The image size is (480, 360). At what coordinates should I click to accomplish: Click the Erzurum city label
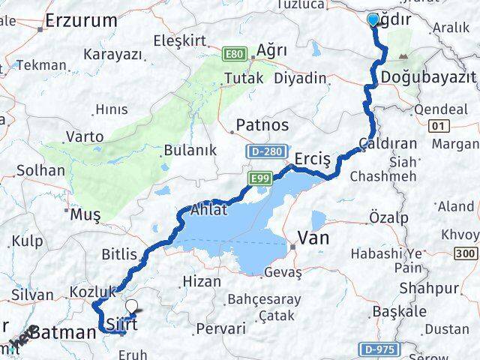click(79, 21)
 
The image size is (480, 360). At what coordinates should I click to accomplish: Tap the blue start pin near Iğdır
click(373, 19)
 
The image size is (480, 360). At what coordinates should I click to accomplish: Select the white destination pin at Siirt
click(133, 306)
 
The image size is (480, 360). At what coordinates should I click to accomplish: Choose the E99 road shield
click(259, 177)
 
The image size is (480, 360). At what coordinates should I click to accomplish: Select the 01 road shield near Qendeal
click(439, 124)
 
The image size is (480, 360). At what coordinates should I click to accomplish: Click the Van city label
click(314, 238)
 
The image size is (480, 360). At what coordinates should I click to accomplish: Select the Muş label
click(85, 215)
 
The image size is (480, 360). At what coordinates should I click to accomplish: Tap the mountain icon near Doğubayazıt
click(406, 56)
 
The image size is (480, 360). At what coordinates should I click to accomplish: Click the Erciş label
click(313, 159)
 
